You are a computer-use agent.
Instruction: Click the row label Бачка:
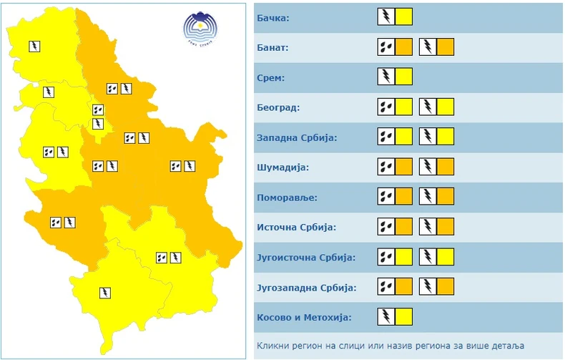pyautogui.click(x=272, y=17)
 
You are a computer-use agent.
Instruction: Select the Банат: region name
pyautogui.click(x=272, y=47)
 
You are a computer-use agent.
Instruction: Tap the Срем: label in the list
pyautogui.click(x=270, y=77)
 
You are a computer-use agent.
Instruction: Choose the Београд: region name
pyautogui.click(x=277, y=107)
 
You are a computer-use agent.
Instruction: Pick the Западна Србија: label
pyautogui.click(x=296, y=137)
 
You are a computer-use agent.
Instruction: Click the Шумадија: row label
pyautogui.click(x=281, y=167)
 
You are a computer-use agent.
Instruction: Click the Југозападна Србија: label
pyautogui.click(x=305, y=288)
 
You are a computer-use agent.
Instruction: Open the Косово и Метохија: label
pyautogui.click(x=303, y=318)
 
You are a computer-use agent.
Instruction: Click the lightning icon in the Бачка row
pyautogui.click(x=385, y=16)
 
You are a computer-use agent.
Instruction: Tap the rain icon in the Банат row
pyautogui.click(x=385, y=47)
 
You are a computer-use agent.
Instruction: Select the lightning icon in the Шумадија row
pyautogui.click(x=427, y=167)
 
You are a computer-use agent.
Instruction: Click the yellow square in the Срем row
pyautogui.click(x=404, y=77)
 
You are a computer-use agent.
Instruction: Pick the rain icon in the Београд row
pyautogui.click(x=385, y=107)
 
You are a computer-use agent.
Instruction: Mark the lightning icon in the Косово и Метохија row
pyautogui.click(x=385, y=317)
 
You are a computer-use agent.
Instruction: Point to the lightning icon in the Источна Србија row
pyautogui.click(x=427, y=228)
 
